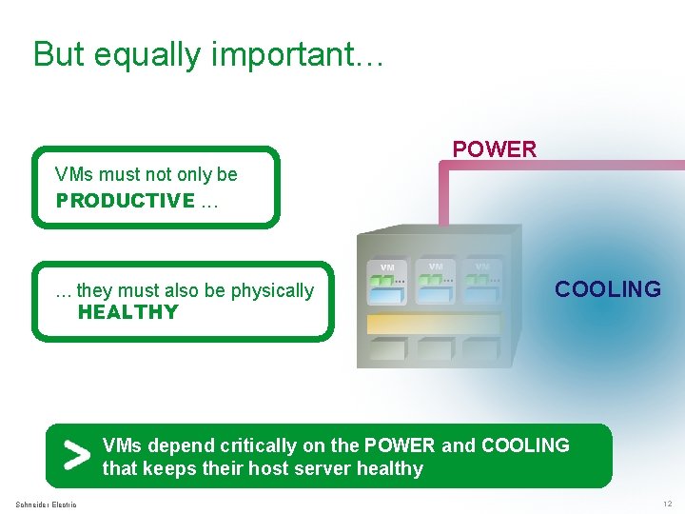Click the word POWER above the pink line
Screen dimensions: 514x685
pos(494,149)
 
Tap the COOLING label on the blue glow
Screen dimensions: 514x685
pos(607,289)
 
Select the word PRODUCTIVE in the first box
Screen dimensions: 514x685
pos(125,201)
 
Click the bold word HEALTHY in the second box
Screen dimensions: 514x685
pos(128,312)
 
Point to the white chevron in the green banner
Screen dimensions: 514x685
pos(75,457)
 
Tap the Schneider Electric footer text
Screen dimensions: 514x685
pos(47,504)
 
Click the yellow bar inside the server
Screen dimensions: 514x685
pos(433,324)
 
